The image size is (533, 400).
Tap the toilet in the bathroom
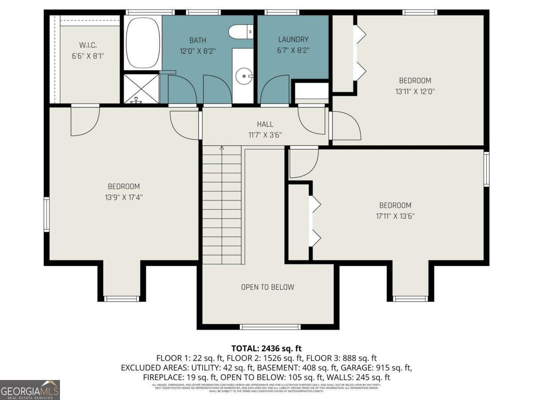(240, 32)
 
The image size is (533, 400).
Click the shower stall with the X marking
(141, 88)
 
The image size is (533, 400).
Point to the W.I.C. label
(88, 45)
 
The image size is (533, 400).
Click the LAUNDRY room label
(293, 40)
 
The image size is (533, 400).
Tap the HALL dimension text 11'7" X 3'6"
(265, 135)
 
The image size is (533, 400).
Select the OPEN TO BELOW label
(267, 287)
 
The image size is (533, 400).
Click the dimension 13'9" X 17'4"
(124, 197)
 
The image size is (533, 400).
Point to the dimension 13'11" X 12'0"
(415, 92)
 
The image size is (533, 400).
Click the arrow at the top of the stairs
(222, 148)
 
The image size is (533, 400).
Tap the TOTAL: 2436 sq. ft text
(266, 348)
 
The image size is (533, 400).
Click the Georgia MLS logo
(30, 390)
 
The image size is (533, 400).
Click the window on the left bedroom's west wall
(46, 215)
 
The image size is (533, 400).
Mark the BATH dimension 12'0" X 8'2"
(197, 51)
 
